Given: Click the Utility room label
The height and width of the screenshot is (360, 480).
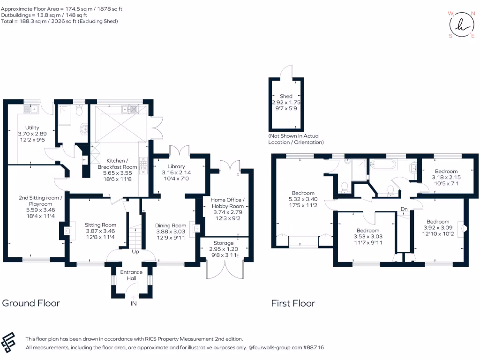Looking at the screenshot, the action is tap(32, 127).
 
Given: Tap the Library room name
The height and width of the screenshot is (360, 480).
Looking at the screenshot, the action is tap(176, 166).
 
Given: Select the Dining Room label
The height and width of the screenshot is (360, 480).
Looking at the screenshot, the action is tap(171, 225).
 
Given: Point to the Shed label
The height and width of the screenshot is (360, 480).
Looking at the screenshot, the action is tap(286, 96).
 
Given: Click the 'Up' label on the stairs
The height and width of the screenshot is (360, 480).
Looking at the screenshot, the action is tap(135, 252).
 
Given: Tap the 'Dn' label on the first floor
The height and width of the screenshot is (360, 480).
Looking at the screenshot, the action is tap(404, 209).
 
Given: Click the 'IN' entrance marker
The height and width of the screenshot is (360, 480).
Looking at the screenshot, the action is tap(134, 303).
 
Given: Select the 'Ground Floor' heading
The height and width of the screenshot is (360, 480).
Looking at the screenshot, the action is tap(31, 303).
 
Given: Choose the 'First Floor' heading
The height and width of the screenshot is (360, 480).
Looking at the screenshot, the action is tap(293, 303).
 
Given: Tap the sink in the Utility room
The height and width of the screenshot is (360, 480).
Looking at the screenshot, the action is tap(30, 109).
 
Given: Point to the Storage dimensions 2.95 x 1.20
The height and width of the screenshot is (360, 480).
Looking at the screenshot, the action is tap(224, 249).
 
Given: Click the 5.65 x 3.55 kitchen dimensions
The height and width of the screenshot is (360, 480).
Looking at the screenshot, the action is tap(117, 173).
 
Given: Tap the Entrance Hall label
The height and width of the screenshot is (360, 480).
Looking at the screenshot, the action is tap(131, 275).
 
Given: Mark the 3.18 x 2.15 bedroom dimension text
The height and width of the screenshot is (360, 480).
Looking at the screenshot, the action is tap(446, 177).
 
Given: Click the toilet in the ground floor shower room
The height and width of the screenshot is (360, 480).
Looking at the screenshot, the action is tap(79, 111).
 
